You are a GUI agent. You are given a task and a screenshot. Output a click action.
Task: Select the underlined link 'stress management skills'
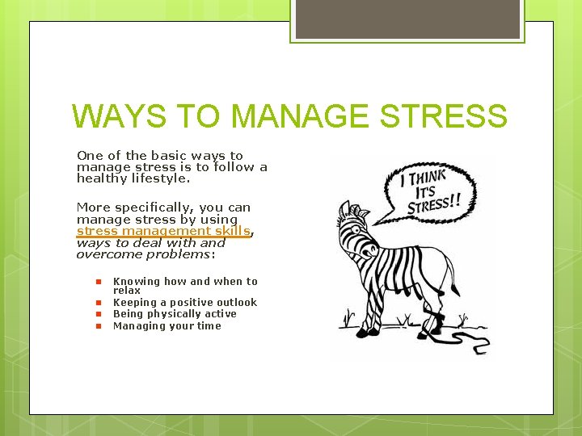click(163, 231)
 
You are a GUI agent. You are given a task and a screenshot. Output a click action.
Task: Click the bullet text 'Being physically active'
click(175, 314)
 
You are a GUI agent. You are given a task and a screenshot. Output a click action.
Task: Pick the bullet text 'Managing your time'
click(167, 326)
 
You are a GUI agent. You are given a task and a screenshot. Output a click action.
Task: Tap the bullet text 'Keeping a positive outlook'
click(184, 303)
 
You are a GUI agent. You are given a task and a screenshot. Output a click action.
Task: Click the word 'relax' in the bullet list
click(127, 290)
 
